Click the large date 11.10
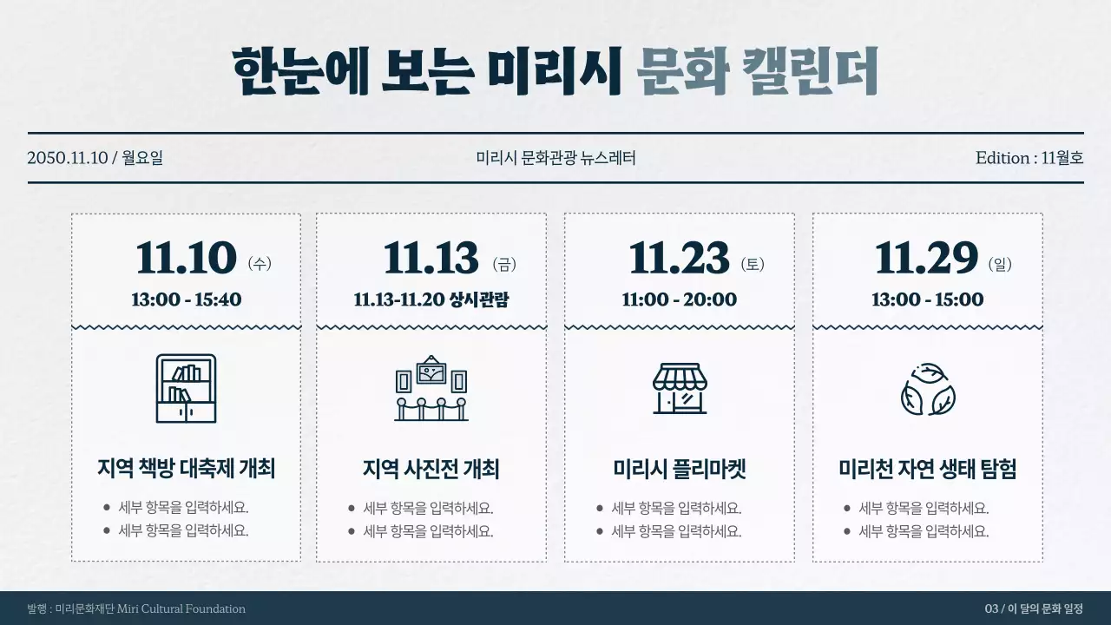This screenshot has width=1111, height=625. pyautogui.click(x=186, y=259)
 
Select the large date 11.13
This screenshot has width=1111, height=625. pyautogui.click(x=431, y=259)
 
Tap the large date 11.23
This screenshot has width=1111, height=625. pyautogui.click(x=679, y=259)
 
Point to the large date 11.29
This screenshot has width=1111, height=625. pyautogui.click(x=926, y=259)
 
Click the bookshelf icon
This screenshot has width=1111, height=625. pyautogui.click(x=186, y=388)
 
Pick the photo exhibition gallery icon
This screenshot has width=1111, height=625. pyautogui.click(x=431, y=388)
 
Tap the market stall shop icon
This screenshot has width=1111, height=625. pyautogui.click(x=680, y=388)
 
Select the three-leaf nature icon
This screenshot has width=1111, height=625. pyautogui.click(x=928, y=390)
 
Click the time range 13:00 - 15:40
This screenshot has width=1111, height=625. pyautogui.click(x=186, y=300)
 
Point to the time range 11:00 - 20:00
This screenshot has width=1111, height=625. pyautogui.click(x=679, y=300)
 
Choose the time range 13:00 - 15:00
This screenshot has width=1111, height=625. pyautogui.click(x=927, y=300)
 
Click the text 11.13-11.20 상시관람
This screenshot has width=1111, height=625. pyautogui.click(x=431, y=300)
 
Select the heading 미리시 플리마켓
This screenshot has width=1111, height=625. pyautogui.click(x=680, y=470)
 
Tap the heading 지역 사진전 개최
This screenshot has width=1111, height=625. pyautogui.click(x=431, y=470)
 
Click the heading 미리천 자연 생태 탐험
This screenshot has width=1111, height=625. pyautogui.click(x=928, y=470)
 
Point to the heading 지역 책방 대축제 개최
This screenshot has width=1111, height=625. pyautogui.click(x=186, y=470)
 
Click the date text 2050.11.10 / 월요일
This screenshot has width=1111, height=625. pyautogui.click(x=95, y=158)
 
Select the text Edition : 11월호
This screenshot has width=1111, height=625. pyautogui.click(x=1029, y=158)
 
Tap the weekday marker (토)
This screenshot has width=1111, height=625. pyautogui.click(x=753, y=264)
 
